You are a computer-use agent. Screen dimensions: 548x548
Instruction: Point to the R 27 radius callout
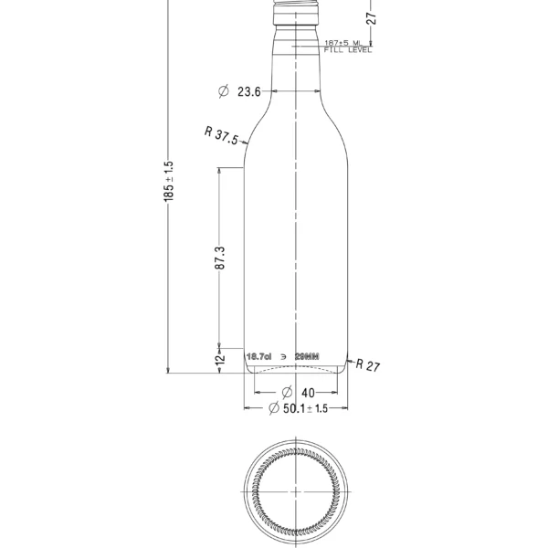click(x=367, y=364)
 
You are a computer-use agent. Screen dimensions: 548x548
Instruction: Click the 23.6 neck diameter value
click(x=249, y=91)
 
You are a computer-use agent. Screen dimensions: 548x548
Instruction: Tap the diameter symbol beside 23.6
click(x=224, y=91)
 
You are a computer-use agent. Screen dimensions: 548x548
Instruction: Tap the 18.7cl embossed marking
click(x=260, y=354)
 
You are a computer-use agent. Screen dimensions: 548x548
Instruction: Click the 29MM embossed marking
click(x=310, y=354)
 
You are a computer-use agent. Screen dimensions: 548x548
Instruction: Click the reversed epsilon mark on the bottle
click(x=284, y=354)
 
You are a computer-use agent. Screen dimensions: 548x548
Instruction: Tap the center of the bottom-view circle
click(x=298, y=492)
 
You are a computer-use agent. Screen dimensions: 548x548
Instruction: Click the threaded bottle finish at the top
click(x=298, y=11)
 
